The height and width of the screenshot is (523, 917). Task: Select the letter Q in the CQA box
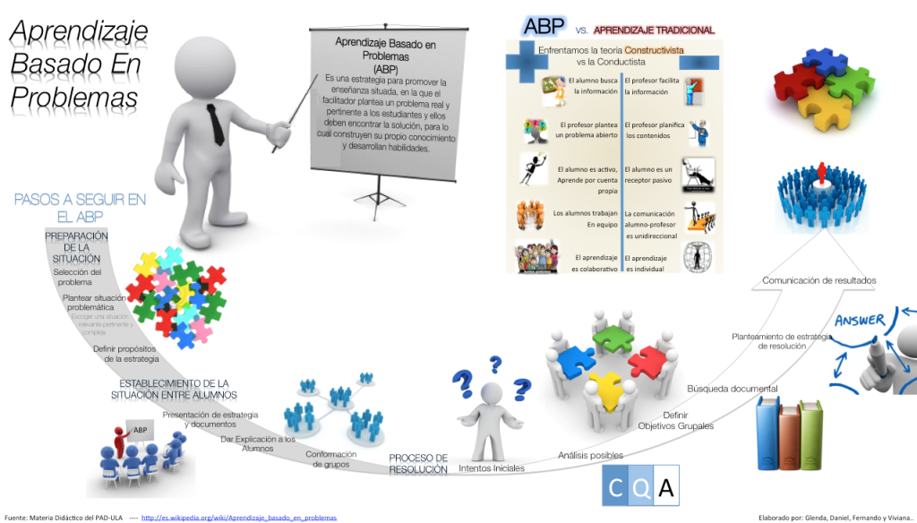click(x=639, y=489)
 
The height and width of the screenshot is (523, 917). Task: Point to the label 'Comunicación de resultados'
click(x=818, y=281)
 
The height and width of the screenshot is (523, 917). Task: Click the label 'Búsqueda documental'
click(x=732, y=389)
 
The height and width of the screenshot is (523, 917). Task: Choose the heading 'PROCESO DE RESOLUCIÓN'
click(x=418, y=463)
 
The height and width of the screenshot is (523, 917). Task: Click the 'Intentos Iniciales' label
click(x=491, y=468)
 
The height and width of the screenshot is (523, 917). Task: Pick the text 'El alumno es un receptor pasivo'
click(x=648, y=175)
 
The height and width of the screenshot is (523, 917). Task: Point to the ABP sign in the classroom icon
click(x=140, y=430)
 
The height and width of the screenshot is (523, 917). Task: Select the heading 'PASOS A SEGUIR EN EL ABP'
click(x=79, y=209)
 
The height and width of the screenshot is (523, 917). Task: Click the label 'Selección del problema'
click(x=77, y=277)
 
